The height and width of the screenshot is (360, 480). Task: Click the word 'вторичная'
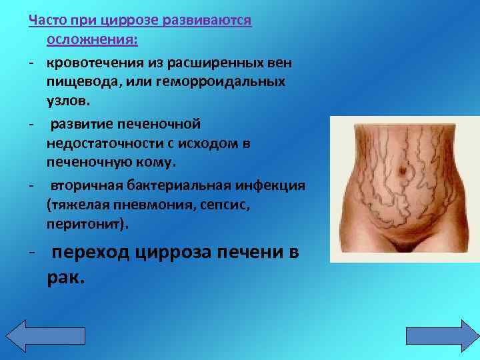click(83, 185)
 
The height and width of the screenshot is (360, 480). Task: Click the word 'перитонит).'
click(85, 225)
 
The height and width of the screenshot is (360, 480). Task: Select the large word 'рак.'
click(66, 278)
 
